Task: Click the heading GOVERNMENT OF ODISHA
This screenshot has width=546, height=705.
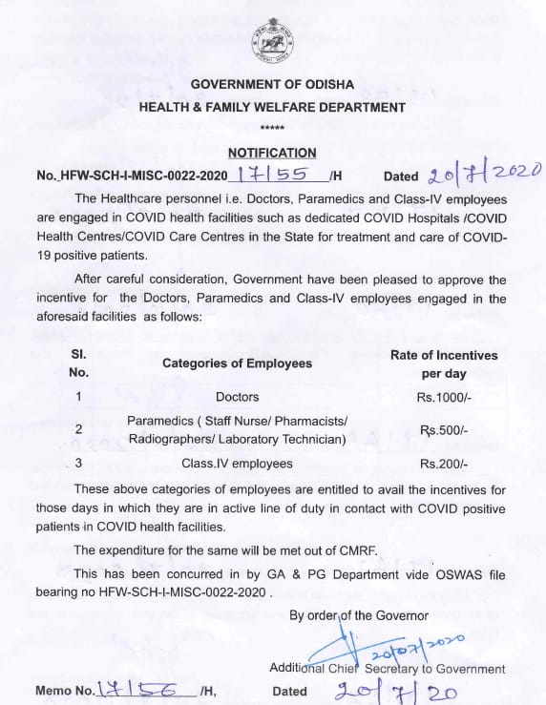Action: (272, 86)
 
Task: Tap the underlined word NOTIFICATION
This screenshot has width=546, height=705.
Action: (272, 153)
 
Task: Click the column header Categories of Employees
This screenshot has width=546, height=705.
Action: (237, 363)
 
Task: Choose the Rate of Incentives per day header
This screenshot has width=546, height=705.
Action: (444, 363)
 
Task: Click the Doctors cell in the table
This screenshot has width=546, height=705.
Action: (237, 396)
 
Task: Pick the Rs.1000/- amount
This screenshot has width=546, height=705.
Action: (444, 396)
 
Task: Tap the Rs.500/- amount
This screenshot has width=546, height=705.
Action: (444, 430)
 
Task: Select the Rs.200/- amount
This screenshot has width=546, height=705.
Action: (444, 464)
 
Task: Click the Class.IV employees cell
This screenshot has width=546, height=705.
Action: (237, 464)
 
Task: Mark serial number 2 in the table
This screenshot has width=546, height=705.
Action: (78, 429)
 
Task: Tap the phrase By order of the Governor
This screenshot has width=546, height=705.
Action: (359, 615)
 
